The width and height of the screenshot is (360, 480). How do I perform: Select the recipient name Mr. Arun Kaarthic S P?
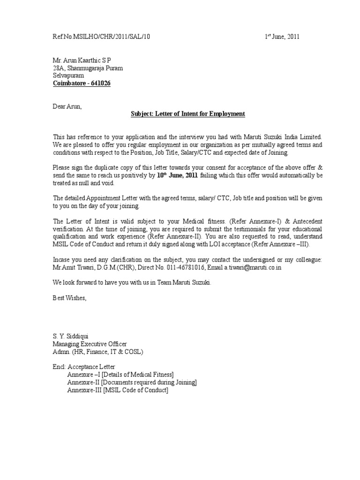coord(82,60)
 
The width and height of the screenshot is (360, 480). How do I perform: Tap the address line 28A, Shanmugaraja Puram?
coord(88,68)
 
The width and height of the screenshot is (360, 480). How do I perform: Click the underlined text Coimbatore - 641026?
coord(82,83)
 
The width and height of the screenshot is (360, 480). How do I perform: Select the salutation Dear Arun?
coord(67,106)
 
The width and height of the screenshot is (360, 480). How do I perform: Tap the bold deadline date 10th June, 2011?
coord(177,175)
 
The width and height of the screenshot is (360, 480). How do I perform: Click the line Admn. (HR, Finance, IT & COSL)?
coord(97,351)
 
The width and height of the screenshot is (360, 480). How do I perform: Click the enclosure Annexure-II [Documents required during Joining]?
coord(132,382)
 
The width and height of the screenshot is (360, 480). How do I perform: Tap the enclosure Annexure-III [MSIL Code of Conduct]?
coord(118,390)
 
